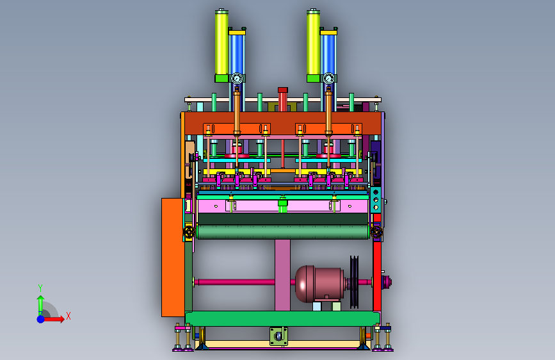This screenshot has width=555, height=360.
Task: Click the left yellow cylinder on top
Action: coord(221,43)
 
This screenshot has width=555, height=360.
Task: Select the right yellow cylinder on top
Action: coord(313,43)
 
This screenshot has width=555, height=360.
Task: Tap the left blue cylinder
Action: coord(237,53)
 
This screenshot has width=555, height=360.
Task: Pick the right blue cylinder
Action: coord(328,53)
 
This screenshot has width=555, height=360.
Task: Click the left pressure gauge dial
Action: coord(237,78)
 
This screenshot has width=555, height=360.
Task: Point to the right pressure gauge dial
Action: coord(329,78)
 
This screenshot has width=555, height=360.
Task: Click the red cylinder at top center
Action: coord(282,99)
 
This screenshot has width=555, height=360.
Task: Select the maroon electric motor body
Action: coord(319,284)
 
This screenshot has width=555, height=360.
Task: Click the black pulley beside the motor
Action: coord(354,282)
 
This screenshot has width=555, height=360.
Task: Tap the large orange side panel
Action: coord(173,258)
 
